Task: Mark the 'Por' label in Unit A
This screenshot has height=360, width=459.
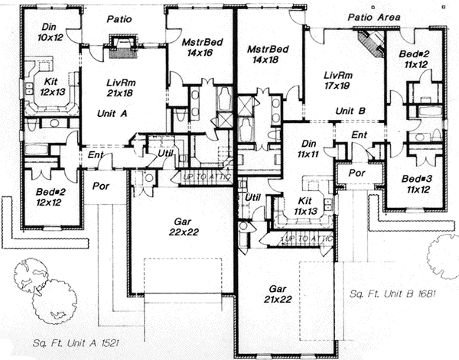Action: click(99, 186)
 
